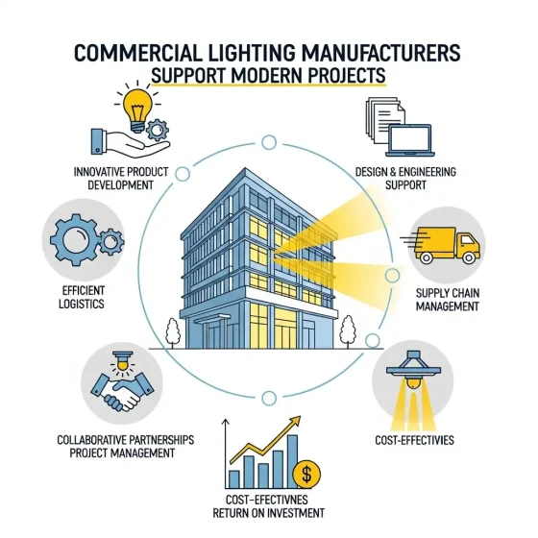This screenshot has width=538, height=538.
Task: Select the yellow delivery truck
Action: click(x=443, y=245)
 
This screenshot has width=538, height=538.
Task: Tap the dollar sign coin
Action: click(x=306, y=475)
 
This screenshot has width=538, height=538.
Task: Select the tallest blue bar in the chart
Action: click(x=292, y=460)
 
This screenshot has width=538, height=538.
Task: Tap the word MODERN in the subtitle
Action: click(x=267, y=76)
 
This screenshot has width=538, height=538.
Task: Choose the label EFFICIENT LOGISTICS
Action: click(x=82, y=297)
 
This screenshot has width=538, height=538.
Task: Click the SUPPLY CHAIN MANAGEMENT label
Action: click(x=448, y=300)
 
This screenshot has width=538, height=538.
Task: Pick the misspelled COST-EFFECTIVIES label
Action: click(x=414, y=440)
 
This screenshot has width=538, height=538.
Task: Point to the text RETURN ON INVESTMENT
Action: click(x=268, y=513)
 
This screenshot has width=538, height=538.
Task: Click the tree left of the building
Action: click(x=173, y=332)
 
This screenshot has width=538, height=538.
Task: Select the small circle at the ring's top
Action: click(x=269, y=142)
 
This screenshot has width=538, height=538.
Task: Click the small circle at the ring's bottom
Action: click(x=269, y=399)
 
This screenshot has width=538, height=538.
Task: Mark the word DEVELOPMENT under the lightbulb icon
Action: click(x=121, y=184)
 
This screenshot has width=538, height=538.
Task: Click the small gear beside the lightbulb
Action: click(x=158, y=130)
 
